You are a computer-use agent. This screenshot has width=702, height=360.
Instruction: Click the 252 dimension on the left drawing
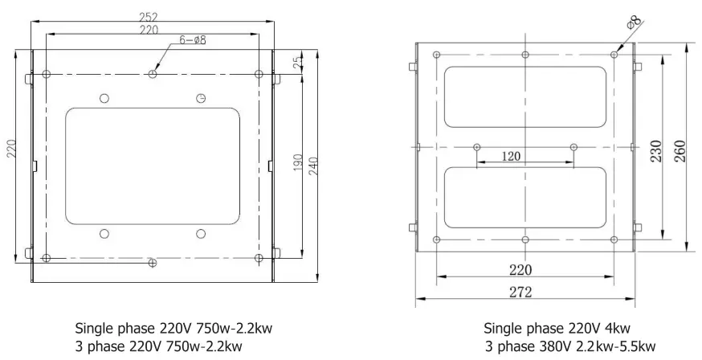(x=149, y=17)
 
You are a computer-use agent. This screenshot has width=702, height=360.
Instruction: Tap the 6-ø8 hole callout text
(x=193, y=40)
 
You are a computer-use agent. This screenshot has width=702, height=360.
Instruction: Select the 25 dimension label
(x=298, y=61)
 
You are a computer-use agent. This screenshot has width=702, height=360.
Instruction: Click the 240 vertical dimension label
(x=313, y=166)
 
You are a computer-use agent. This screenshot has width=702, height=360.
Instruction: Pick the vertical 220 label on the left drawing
(x=11, y=149)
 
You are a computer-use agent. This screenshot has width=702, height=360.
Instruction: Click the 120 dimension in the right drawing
(x=511, y=156)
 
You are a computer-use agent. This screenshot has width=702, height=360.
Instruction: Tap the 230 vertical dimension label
(x=656, y=151)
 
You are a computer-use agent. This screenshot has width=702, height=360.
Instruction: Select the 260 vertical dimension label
(x=680, y=151)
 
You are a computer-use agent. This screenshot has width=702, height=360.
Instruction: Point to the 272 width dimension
(x=520, y=292)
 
